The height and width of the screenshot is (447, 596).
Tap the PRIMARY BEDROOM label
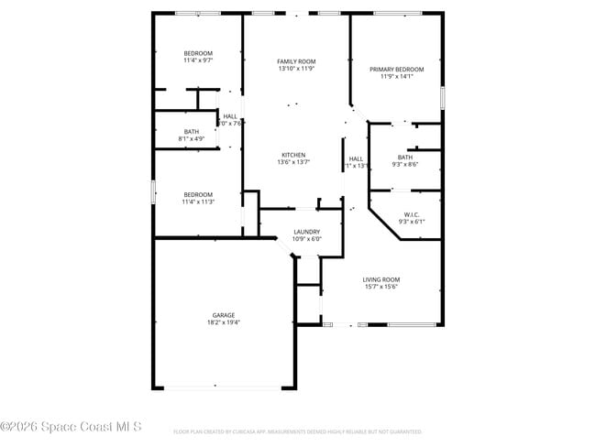click(x=396, y=70)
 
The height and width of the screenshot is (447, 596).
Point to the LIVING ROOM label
click(x=381, y=279)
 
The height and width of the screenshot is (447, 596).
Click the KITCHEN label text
click(x=293, y=155)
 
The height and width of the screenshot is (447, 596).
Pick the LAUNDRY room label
click(x=306, y=232)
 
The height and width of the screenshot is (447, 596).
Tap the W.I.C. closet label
click(x=408, y=214)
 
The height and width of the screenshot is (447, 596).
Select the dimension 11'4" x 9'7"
click(x=198, y=60)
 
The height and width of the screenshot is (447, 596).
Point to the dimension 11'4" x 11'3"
click(x=198, y=202)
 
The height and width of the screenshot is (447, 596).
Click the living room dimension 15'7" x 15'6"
click(x=381, y=287)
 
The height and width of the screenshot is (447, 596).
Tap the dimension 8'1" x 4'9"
click(x=191, y=138)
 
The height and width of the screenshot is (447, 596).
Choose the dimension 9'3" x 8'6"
click(x=404, y=165)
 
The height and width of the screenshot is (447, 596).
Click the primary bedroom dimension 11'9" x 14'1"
click(x=396, y=77)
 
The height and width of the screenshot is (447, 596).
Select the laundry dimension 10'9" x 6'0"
click(x=306, y=239)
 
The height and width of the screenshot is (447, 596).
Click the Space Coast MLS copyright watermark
click(x=72, y=426)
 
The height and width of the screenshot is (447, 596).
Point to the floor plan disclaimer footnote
click(x=297, y=431)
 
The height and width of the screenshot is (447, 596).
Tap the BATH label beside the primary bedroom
click(x=404, y=158)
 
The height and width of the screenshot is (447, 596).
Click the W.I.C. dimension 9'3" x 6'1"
click(x=408, y=222)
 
